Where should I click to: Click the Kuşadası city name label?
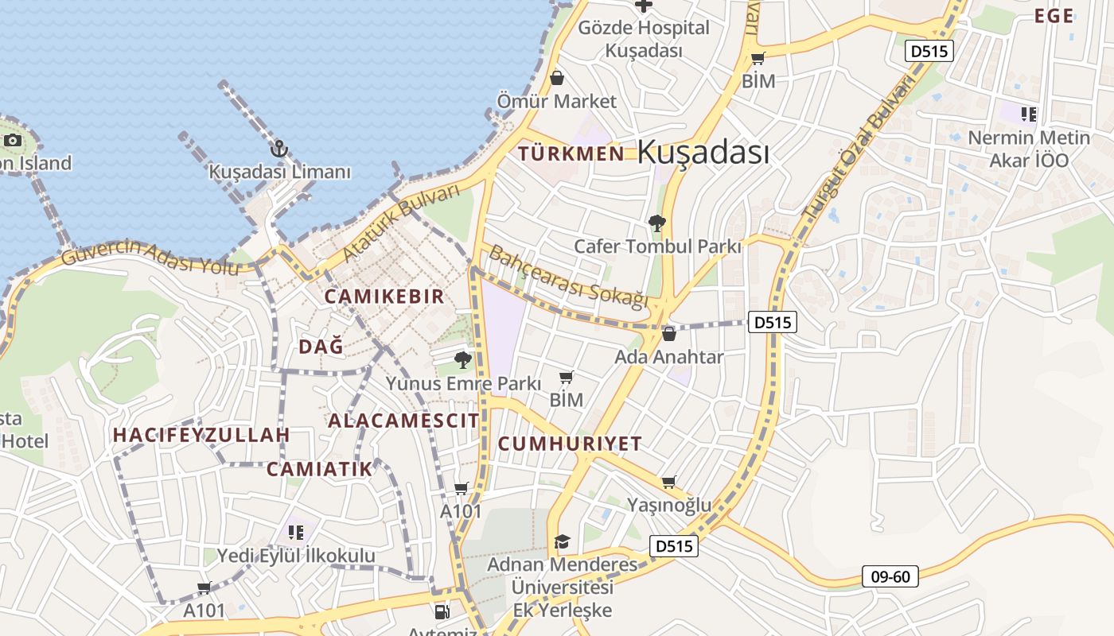pos(703,152)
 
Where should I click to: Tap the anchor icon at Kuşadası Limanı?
pos(278,149)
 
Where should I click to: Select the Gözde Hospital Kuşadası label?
pos(643,39)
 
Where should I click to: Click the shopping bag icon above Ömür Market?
pos(557,78)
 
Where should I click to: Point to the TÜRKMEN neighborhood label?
pos(571,154)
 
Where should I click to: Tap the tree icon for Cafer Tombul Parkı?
pos(656,223)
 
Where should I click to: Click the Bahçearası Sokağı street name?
pos(568,277)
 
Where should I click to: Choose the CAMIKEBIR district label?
pos(384,297)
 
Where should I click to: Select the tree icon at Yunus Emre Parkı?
pos(462,361)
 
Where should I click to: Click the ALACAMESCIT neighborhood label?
pos(403,421)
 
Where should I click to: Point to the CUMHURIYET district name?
pos(570,444)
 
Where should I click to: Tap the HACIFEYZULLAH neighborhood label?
pos(201,435)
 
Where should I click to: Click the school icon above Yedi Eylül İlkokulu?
pos(296,532)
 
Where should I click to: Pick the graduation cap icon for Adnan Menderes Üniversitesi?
pos(563,541)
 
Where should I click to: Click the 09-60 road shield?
pos(890,576)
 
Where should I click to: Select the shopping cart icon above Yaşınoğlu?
pos(669,482)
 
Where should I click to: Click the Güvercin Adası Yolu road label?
pos(150,257)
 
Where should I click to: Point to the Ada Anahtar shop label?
pos(668,357)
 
